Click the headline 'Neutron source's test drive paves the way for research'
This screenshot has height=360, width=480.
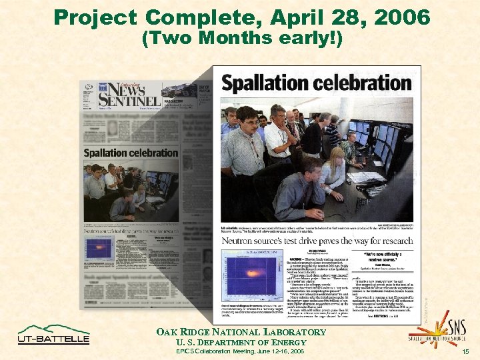tap(316, 241)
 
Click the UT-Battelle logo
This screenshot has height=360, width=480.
tap(53, 334)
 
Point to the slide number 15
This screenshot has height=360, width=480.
tap(466, 351)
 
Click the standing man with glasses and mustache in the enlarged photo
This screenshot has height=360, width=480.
tap(244, 147)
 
